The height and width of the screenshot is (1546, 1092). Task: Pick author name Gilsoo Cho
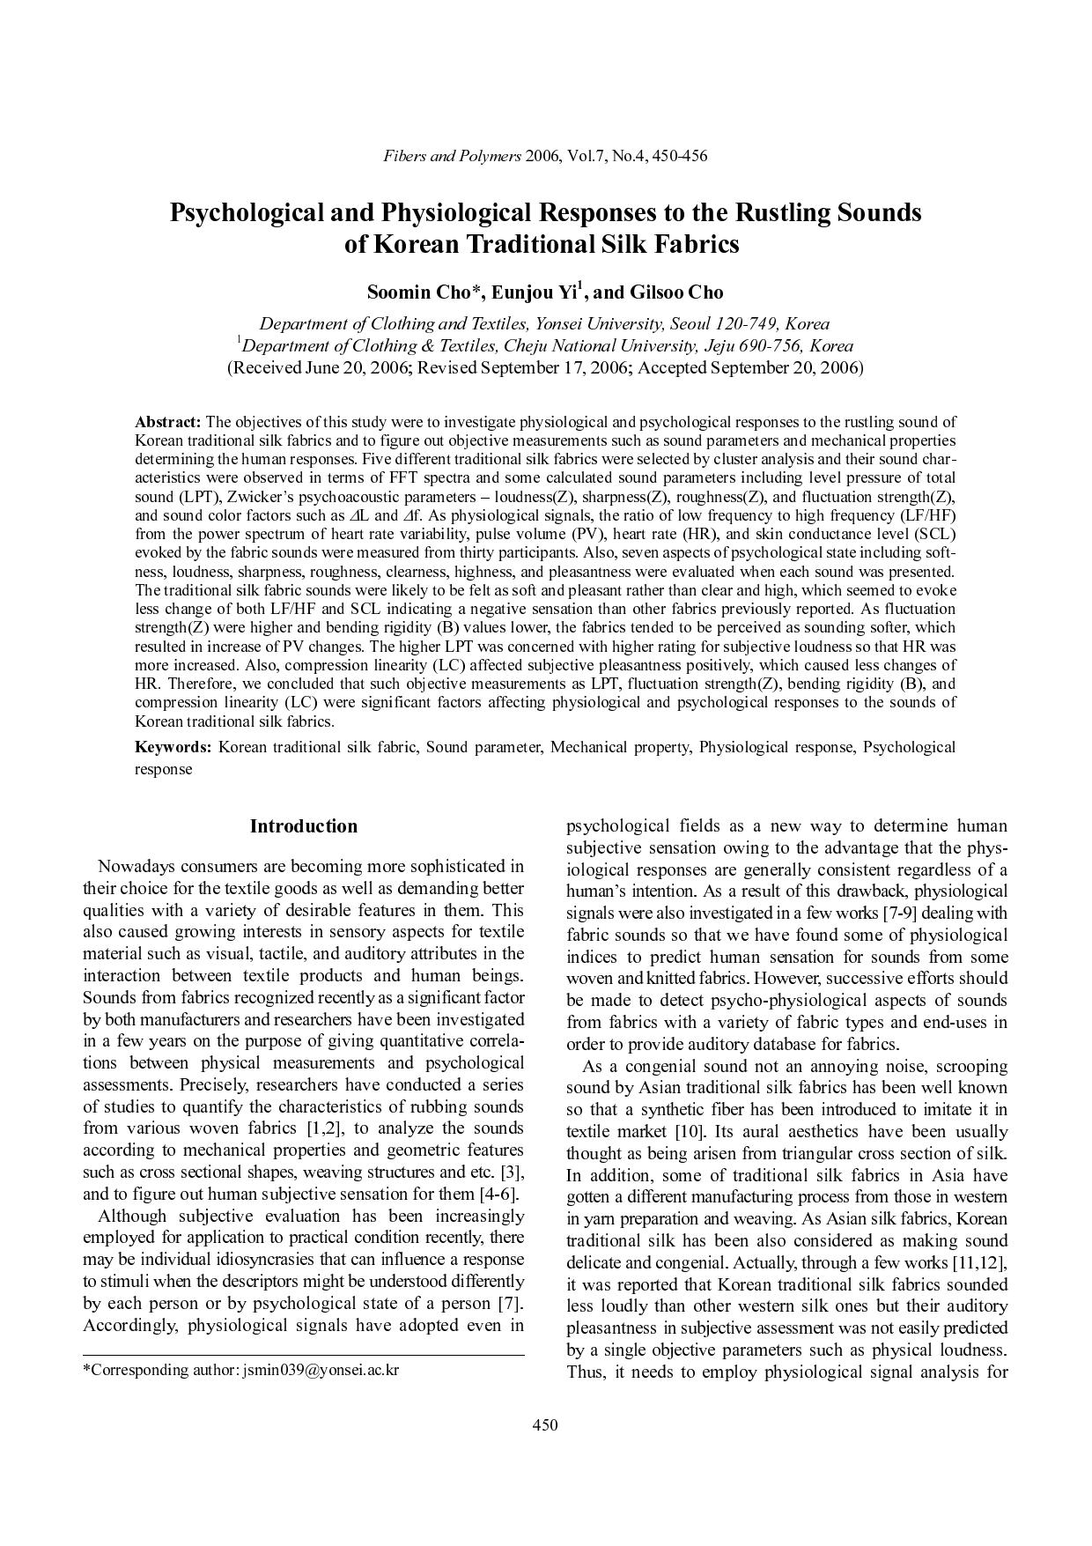[x=677, y=292]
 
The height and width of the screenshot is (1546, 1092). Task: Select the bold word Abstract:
[x=167, y=422]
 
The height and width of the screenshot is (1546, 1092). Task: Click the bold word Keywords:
[x=173, y=747]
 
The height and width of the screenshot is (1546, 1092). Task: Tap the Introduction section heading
[x=303, y=825]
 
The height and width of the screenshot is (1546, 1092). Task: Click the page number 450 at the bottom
[x=545, y=1424]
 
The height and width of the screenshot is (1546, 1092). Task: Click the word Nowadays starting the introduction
[x=132, y=866]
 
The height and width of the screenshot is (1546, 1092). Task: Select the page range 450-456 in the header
[x=680, y=156]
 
